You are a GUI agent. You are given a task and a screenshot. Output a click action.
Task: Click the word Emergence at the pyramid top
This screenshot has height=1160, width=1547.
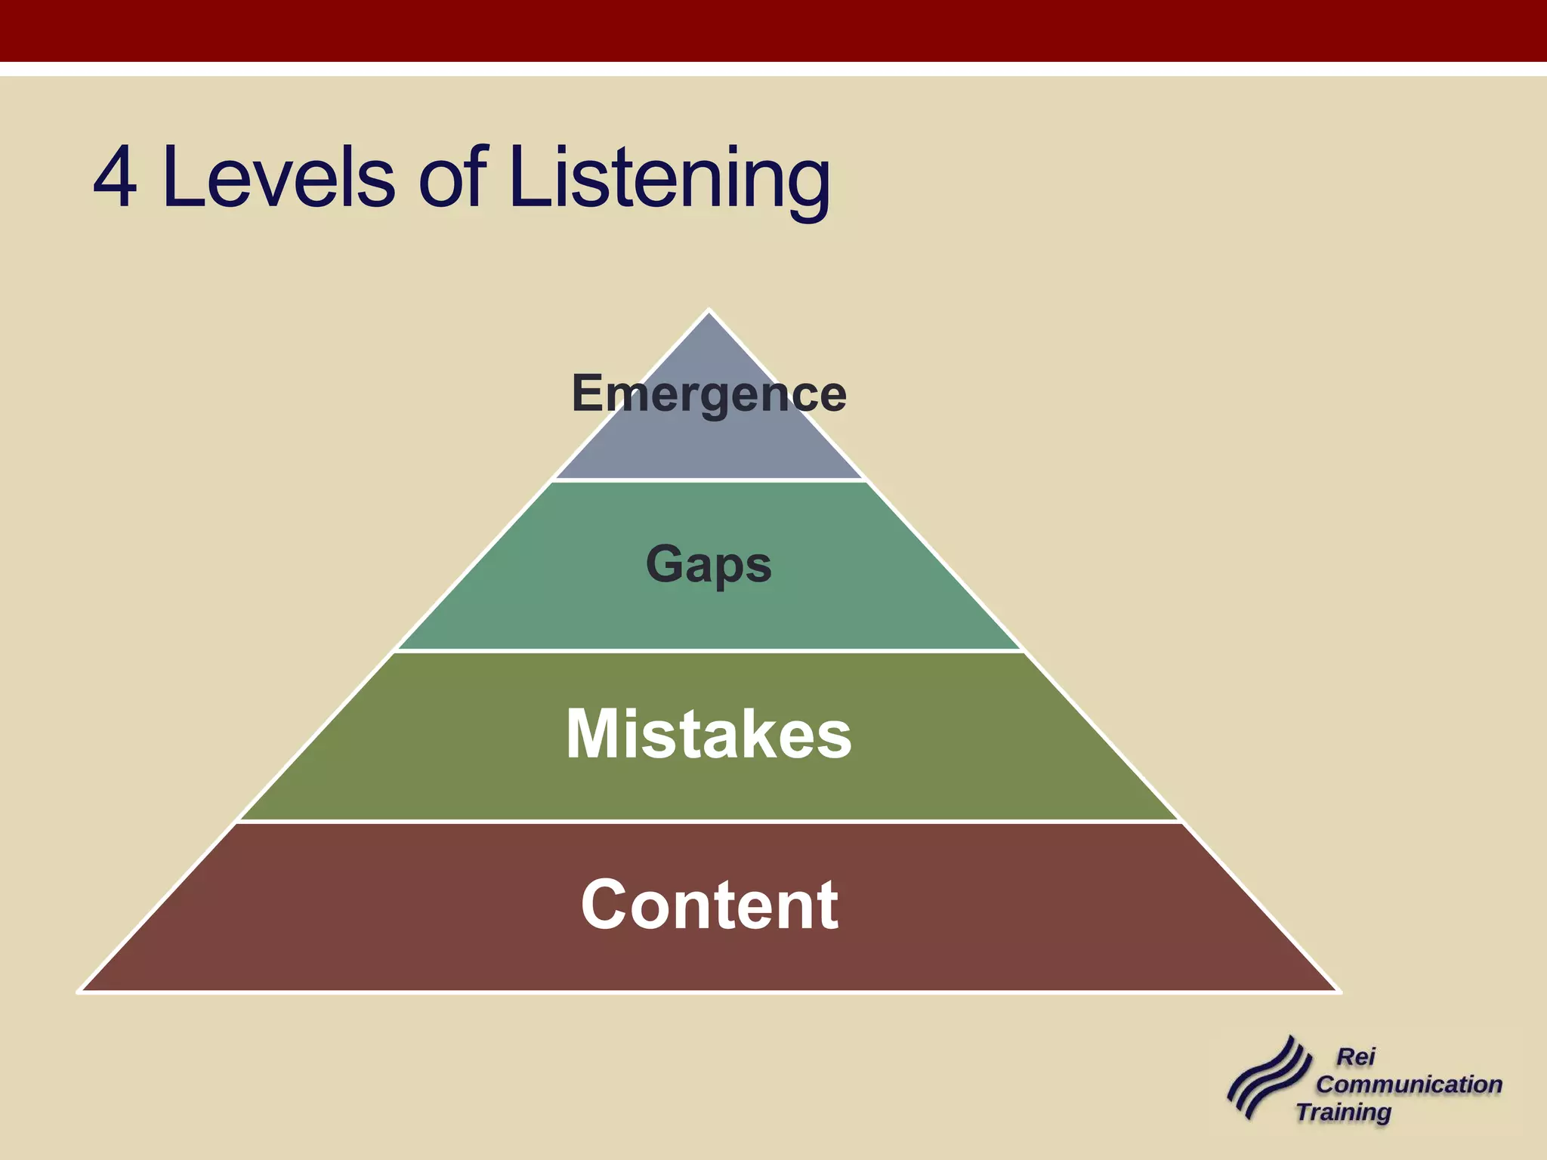[x=709, y=393]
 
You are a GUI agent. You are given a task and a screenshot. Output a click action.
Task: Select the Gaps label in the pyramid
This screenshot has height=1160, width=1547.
[x=709, y=564]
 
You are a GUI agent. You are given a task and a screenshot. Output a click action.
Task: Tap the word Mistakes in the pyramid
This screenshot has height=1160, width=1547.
[x=709, y=734]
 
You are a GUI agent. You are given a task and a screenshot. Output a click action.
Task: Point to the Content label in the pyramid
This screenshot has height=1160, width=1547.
[x=709, y=905]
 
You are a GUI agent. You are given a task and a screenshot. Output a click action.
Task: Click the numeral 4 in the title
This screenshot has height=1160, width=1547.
[x=116, y=177]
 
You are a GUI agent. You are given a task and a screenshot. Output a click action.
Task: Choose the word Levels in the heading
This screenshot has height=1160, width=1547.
[x=278, y=177]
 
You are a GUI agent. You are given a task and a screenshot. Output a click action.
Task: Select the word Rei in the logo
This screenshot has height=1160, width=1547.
[x=1356, y=1057]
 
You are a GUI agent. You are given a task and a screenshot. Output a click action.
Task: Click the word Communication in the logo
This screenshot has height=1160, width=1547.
[x=1409, y=1084]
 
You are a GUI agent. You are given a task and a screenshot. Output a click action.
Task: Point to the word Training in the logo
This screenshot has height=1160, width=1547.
[x=1344, y=1112]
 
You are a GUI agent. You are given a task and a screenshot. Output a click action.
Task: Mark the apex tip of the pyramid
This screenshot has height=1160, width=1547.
[x=709, y=310]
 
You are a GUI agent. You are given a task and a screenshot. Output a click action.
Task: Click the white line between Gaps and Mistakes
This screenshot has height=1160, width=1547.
[x=709, y=650]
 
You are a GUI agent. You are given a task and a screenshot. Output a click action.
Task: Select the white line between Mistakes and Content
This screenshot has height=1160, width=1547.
[x=709, y=821]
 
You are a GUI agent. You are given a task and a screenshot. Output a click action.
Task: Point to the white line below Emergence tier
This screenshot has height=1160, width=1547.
[x=709, y=480]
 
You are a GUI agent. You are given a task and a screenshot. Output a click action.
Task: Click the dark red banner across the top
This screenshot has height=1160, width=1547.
[x=773, y=30]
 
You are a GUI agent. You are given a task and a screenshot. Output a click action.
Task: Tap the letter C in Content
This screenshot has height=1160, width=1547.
[x=605, y=905]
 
